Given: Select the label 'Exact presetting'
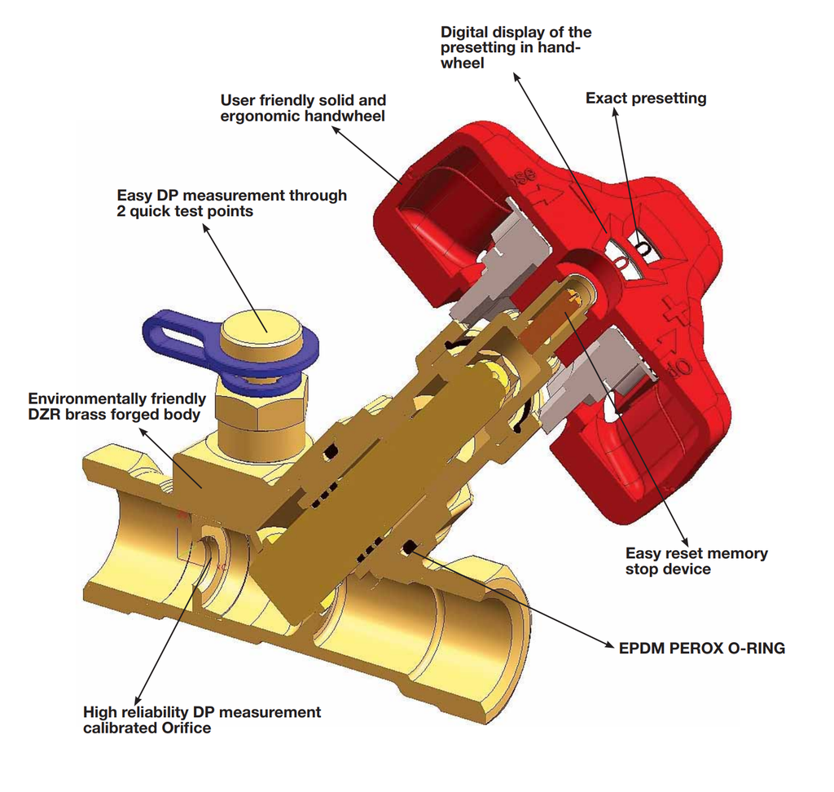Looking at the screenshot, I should pos(646,99).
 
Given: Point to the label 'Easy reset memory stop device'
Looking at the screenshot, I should pos(696,561).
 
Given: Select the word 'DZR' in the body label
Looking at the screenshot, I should pos(46,414).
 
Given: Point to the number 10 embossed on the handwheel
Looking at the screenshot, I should pos(681,368).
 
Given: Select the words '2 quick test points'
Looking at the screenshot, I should pos(184,211).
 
